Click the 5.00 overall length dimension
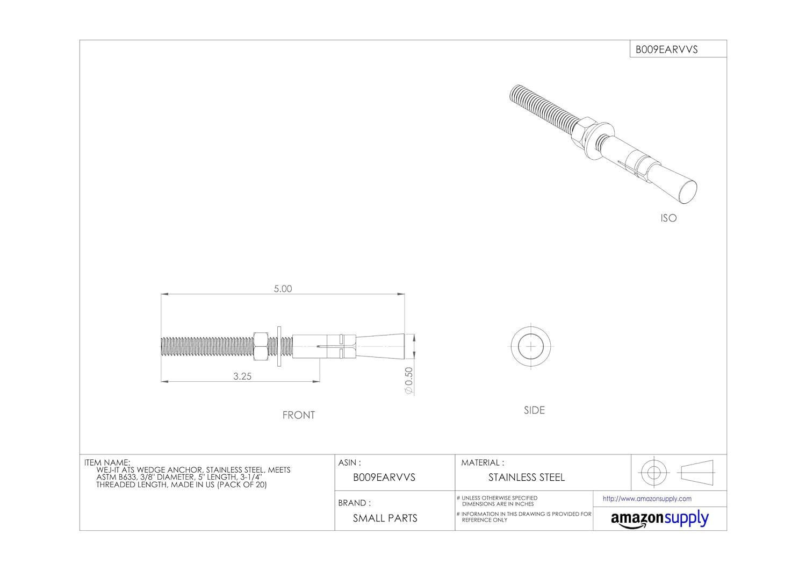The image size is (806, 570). click(x=283, y=289)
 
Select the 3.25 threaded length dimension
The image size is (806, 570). click(x=242, y=376)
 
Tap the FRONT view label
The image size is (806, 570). click(x=299, y=415)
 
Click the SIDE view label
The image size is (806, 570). click(x=534, y=410)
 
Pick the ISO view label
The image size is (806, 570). click(x=668, y=218)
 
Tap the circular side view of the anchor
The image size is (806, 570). click(x=531, y=346)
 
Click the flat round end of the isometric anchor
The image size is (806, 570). click(x=687, y=192)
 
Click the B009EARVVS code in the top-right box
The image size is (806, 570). click(x=666, y=49)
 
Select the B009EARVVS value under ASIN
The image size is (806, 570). click(x=384, y=478)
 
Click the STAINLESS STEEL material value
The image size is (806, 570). click(x=527, y=478)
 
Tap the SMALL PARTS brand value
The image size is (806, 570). click(x=385, y=518)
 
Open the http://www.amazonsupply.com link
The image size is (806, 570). click(x=647, y=499)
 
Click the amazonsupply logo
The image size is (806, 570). click(x=660, y=519)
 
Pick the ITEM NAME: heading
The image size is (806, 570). click(x=107, y=462)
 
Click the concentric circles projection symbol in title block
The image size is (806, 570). click(x=653, y=473)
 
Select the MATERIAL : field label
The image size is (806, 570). click(x=483, y=462)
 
